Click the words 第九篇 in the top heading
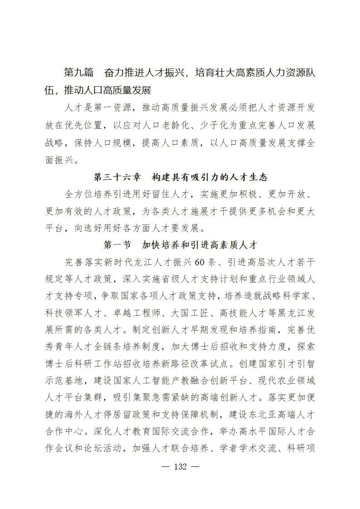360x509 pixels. (79, 73)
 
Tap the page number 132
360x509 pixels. (180, 467)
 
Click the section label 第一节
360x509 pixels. (118, 245)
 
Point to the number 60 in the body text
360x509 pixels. (201, 262)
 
